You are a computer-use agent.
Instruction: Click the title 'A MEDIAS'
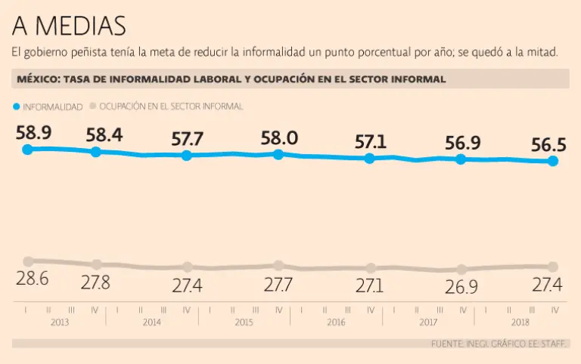[x=68, y=26]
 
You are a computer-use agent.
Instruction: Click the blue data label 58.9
[x=33, y=133]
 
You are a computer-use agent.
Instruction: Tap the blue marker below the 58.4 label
[x=96, y=152]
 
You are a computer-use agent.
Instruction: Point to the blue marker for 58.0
[x=278, y=154]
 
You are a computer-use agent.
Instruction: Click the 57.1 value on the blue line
[x=371, y=141]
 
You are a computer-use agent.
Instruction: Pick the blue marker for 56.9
[x=461, y=159]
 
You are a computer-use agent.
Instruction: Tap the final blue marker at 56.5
[x=553, y=161]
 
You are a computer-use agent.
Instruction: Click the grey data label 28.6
[x=33, y=278]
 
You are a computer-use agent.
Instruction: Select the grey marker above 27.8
[x=97, y=264]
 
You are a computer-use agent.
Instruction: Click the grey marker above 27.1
[x=371, y=268]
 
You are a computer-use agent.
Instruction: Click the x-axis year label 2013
[x=60, y=322]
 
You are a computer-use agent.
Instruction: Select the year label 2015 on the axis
[x=244, y=322]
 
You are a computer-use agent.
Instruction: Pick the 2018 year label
[x=520, y=322]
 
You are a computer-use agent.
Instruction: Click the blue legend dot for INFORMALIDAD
[x=17, y=107]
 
